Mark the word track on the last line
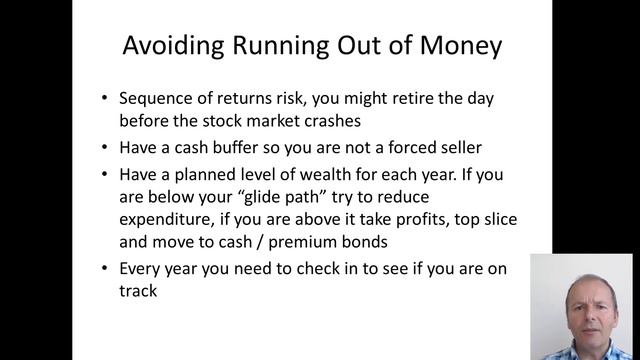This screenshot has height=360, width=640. point(138,291)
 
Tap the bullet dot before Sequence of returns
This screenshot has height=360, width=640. point(105,99)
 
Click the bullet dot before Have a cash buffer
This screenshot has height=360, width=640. point(105,148)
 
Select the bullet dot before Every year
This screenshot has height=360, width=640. point(105,268)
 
